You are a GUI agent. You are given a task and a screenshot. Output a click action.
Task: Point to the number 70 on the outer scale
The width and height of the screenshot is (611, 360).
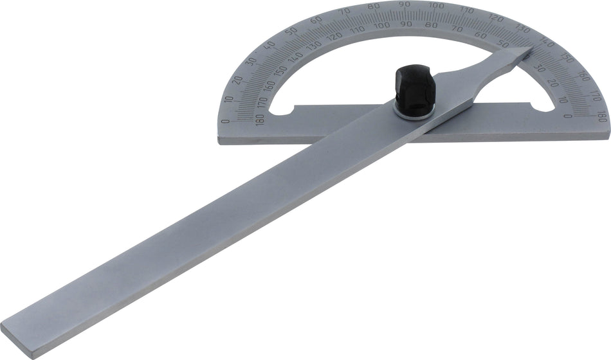(x=347, y=11)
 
